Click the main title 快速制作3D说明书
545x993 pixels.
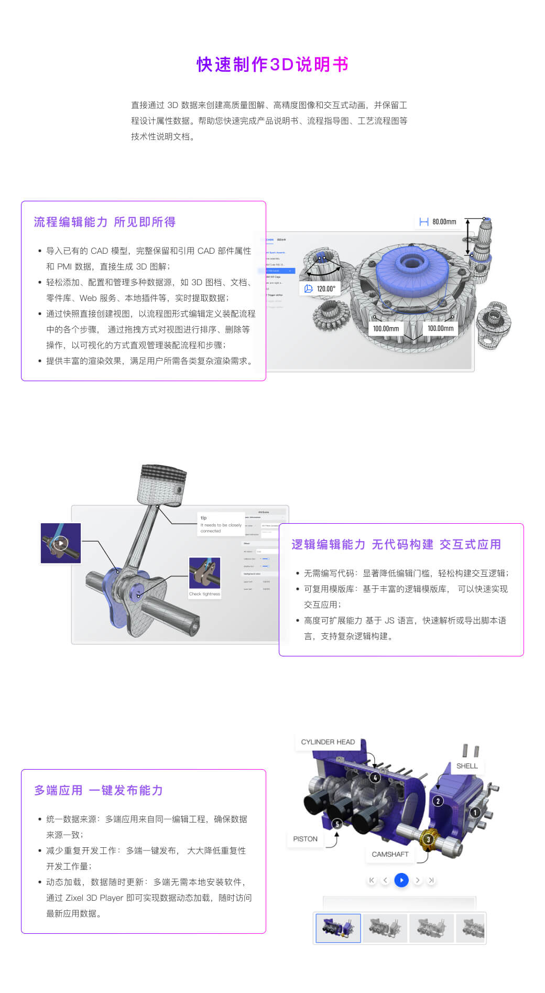[272, 64]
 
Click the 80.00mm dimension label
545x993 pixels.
[438, 222]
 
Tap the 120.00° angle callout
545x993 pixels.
[320, 288]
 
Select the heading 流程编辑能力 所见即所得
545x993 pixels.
[105, 222]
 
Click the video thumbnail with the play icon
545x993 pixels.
[61, 543]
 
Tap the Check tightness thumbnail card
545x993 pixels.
[204, 577]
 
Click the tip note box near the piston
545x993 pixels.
[221, 524]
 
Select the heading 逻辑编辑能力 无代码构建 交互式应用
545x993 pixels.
[396, 544]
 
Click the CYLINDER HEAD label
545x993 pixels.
[328, 742]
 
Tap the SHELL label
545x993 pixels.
[466, 766]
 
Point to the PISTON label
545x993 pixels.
[305, 839]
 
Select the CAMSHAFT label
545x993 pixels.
[390, 854]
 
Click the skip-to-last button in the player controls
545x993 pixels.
[431, 880]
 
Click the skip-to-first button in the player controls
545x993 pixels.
[372, 880]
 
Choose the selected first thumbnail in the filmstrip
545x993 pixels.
[338, 928]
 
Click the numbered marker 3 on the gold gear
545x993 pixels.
[428, 839]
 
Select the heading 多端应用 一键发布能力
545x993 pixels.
[99, 790]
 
